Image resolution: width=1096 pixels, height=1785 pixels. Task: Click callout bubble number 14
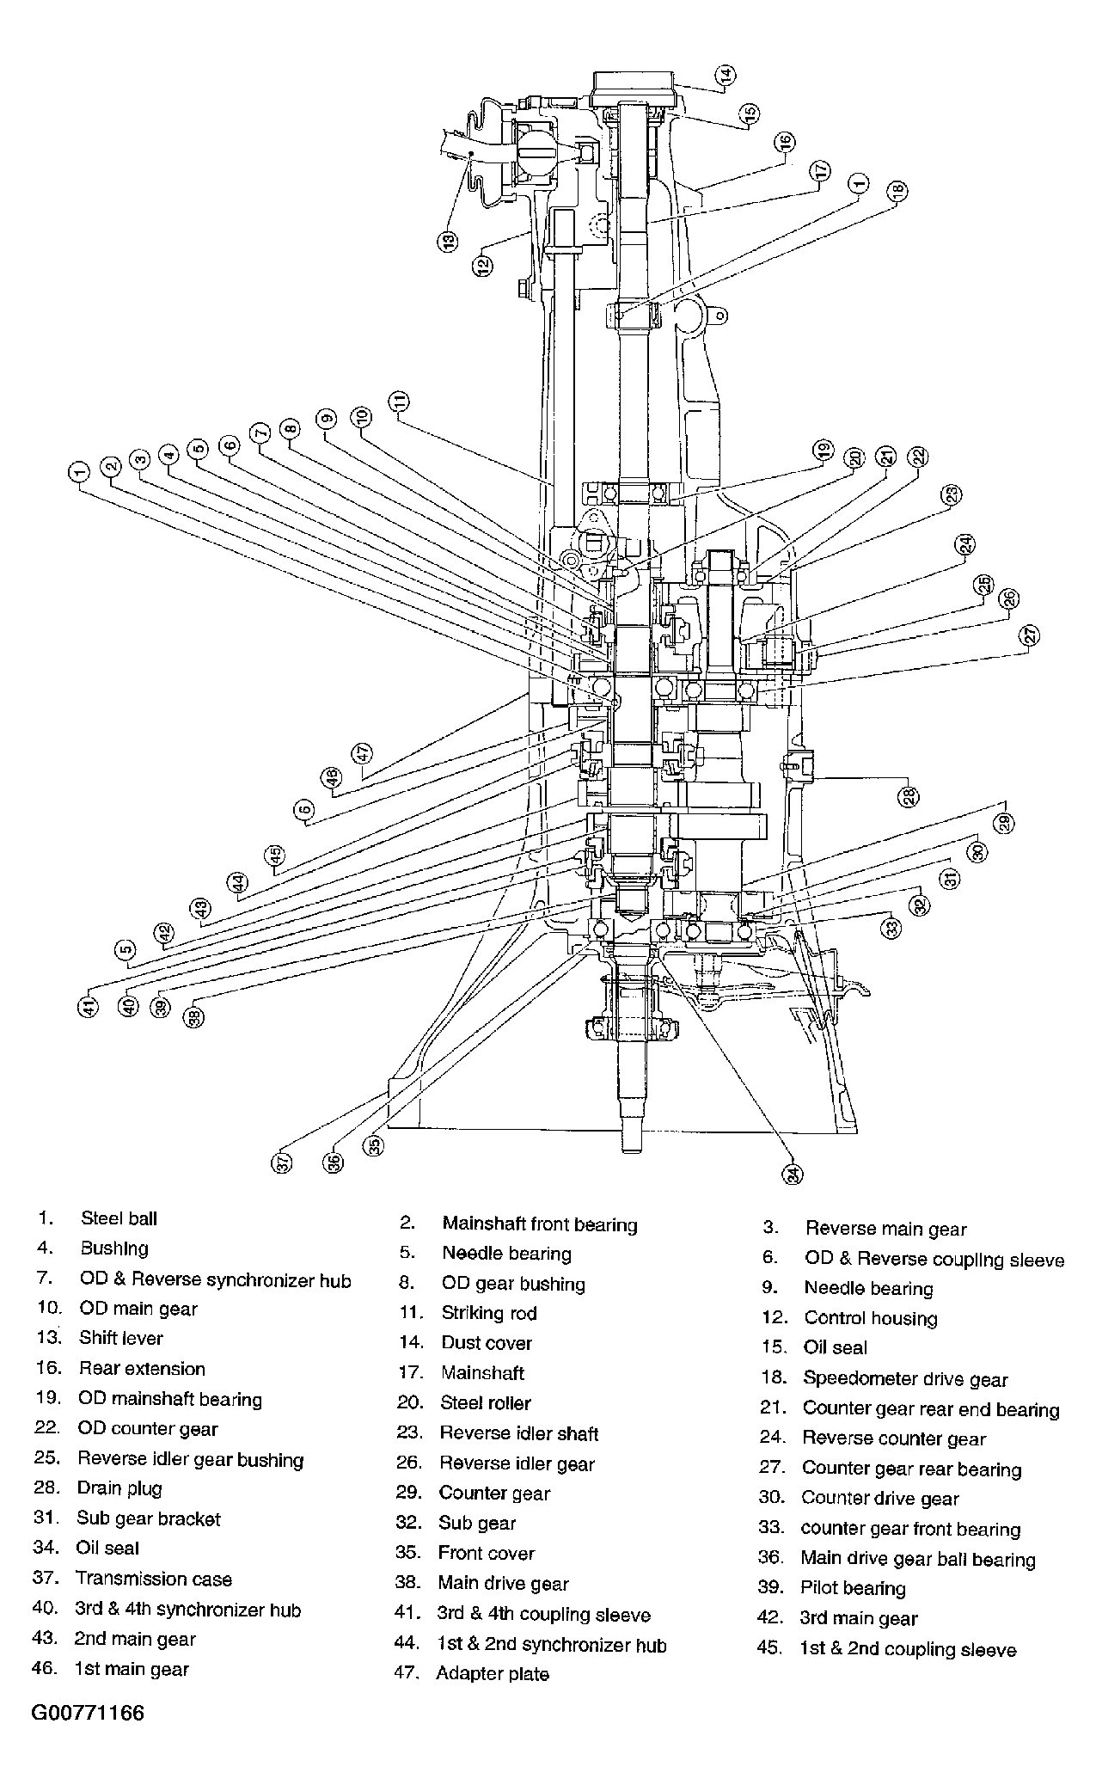coord(727,76)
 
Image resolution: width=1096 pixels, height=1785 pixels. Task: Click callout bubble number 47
coord(363,753)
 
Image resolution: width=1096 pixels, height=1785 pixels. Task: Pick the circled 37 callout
coord(283,1163)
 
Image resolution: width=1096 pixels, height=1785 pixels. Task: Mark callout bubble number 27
coord(1030,635)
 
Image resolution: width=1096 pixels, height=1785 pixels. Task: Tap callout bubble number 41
coord(89,1006)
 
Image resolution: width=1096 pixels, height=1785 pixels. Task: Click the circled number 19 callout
coord(824,450)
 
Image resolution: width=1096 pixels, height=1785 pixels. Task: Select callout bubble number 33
coord(892,928)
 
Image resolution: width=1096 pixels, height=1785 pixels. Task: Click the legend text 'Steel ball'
coord(119,1218)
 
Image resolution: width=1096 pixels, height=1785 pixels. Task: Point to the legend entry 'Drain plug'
coord(119,1488)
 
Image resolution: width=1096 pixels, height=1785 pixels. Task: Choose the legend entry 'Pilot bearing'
coord(854,1588)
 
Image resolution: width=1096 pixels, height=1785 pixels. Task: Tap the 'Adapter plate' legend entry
coord(493,1673)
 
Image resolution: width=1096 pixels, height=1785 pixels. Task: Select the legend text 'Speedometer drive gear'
coord(905,1379)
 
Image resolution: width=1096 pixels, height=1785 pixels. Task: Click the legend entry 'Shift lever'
coord(121,1338)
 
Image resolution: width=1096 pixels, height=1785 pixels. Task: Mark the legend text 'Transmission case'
coord(154,1579)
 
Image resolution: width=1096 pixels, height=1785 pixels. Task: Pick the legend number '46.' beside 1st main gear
coord(45,1669)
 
